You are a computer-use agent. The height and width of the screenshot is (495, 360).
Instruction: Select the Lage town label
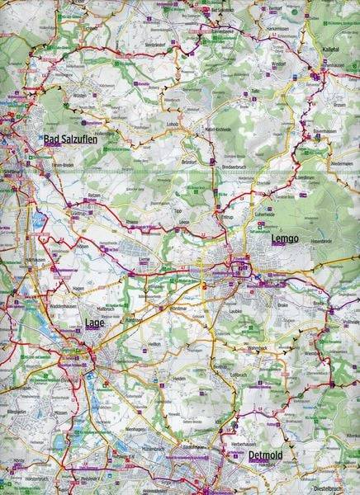pyautogui.click(x=95, y=323)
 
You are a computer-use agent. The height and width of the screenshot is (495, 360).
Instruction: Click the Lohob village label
pyautogui.click(x=172, y=125)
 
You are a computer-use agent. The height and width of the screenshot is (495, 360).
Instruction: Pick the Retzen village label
pyautogui.click(x=95, y=196)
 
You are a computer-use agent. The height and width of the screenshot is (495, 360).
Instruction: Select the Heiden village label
pyautogui.click(x=178, y=379)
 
